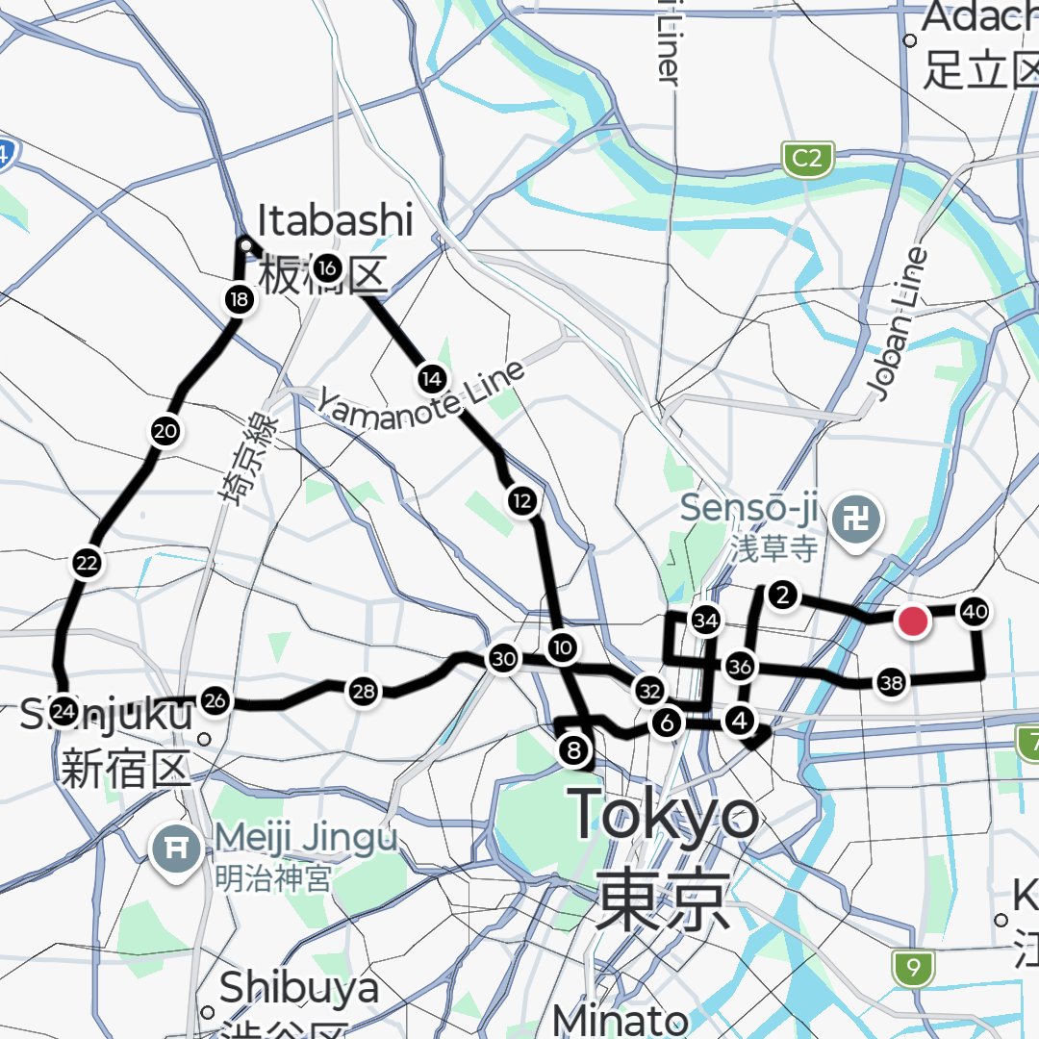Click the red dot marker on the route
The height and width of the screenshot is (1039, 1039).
pos(912,621)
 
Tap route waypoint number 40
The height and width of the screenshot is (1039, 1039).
pos(975,611)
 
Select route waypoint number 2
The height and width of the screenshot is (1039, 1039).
pos(784,596)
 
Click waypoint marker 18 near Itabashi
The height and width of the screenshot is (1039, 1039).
pos(239,300)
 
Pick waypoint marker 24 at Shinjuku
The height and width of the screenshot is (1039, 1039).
pos(63,712)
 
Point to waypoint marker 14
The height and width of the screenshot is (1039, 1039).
pos(431,379)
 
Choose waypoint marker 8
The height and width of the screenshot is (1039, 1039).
pos(574,750)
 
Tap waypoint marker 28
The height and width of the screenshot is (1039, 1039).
pos(363,691)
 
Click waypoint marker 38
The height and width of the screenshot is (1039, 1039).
pos(891,684)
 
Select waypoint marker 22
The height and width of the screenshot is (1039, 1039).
pos(88,564)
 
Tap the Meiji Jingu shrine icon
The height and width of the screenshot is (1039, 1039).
pos(175,848)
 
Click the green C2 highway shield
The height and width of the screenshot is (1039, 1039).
pos(807,159)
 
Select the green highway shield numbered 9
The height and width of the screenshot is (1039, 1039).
pos(912,967)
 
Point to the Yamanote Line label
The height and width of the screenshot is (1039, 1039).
pos(423,393)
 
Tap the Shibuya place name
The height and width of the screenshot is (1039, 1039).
pos(298,989)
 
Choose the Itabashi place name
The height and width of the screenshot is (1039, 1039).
pos(334,221)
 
